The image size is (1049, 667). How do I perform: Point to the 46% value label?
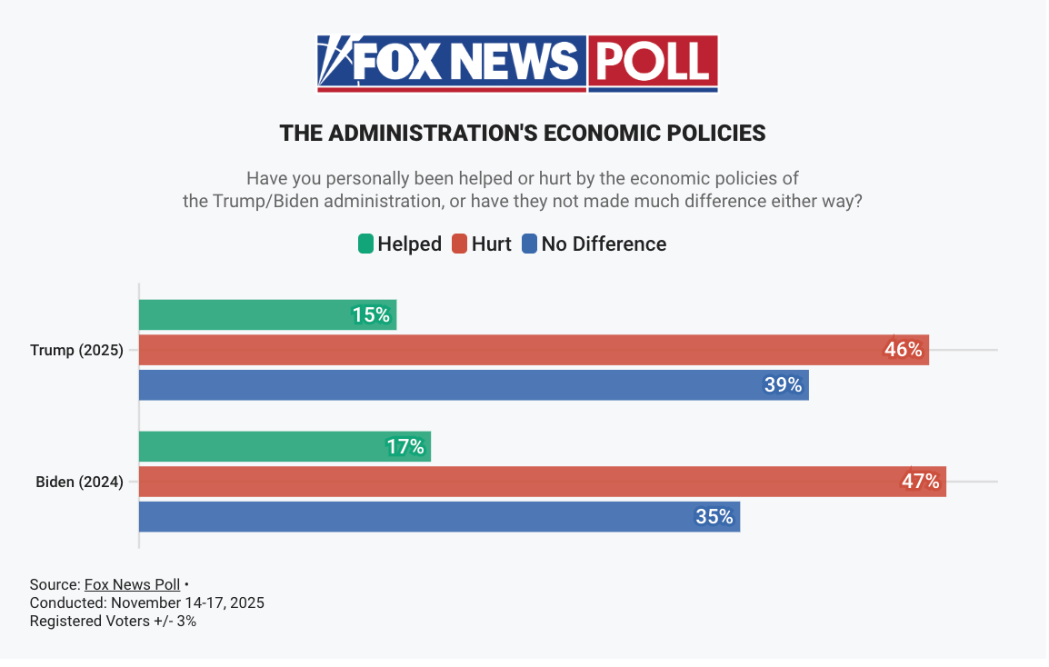point(904,350)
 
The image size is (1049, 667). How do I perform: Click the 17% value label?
point(405,447)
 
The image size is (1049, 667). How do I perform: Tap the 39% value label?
point(783,385)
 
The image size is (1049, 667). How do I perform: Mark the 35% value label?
point(714,517)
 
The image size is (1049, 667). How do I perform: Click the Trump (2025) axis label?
point(76,350)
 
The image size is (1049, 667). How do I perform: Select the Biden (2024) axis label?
point(79,483)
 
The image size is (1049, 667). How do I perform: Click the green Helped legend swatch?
point(365,244)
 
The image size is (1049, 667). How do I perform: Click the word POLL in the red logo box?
point(652,62)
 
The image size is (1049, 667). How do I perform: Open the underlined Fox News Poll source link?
point(132,584)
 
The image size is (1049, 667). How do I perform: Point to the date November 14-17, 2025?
point(187,602)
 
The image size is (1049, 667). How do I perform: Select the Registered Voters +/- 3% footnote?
point(113,622)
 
